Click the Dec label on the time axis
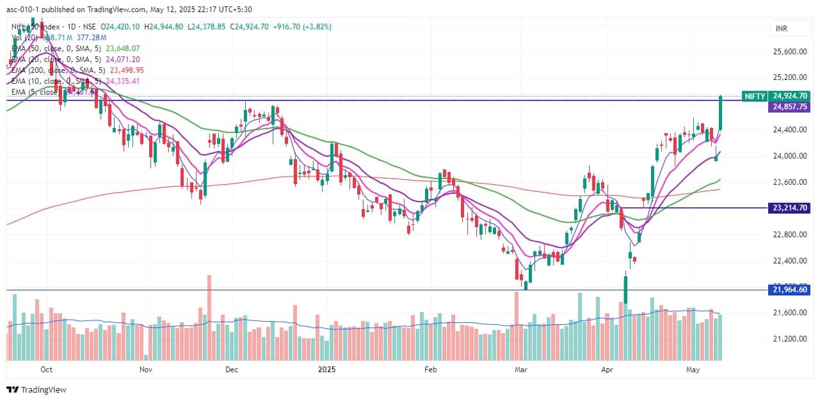click(232, 370)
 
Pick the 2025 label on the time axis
click(327, 370)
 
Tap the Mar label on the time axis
click(521, 370)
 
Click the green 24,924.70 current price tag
click(791, 96)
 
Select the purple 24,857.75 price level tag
click(791, 107)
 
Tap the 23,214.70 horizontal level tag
click(791, 208)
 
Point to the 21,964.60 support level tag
click(791, 290)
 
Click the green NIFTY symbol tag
click(755, 96)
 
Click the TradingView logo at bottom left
click(36, 389)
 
